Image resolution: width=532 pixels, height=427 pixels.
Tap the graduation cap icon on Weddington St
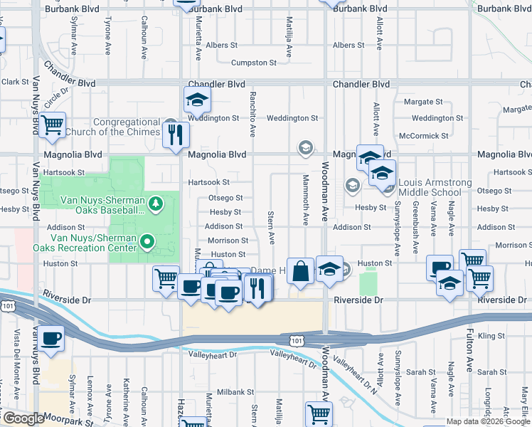point(197,100)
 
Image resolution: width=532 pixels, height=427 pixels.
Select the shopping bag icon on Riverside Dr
point(301,271)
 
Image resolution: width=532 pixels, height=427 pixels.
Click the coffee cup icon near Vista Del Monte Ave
point(51,338)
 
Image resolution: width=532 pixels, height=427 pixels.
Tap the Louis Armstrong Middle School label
point(435,188)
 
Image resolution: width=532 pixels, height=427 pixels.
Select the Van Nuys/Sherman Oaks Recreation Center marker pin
point(147,243)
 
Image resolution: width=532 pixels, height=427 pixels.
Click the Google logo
point(23,418)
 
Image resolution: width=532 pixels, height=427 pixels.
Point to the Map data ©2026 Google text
point(488,421)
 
